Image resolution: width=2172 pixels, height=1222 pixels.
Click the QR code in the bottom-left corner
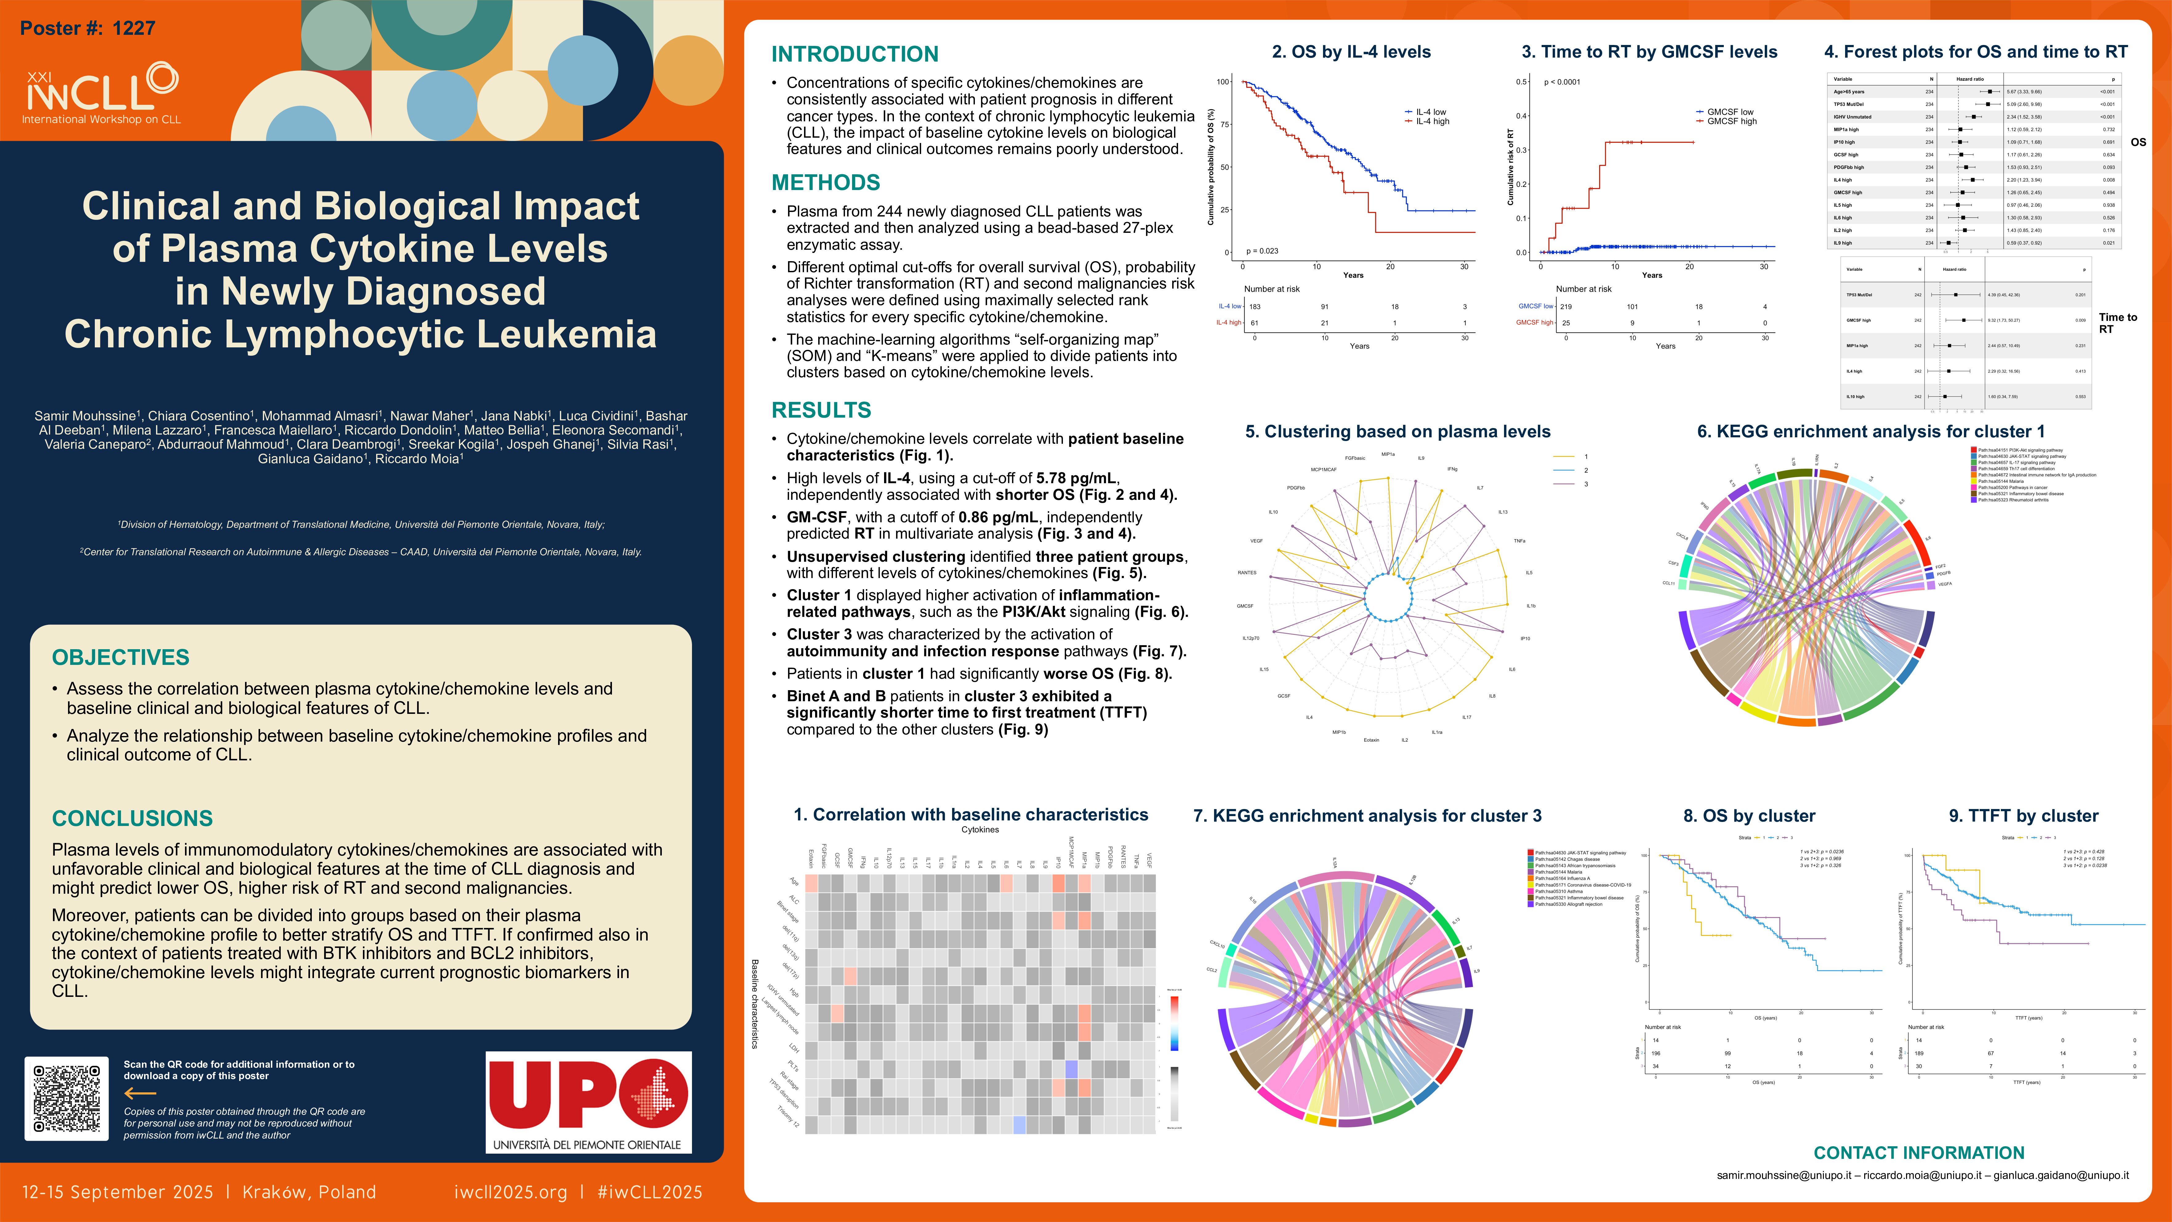click(x=66, y=1098)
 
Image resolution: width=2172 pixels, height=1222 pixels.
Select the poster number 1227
click(x=88, y=29)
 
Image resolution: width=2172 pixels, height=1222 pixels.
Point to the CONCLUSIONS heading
click(x=132, y=818)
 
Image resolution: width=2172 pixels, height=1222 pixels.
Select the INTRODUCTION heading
click(x=854, y=54)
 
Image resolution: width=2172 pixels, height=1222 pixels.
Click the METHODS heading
click(x=826, y=183)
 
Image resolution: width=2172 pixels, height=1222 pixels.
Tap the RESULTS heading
click(x=820, y=410)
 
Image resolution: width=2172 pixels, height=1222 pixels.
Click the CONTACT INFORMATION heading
click(x=1918, y=1153)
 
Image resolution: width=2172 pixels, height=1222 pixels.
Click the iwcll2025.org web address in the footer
click(x=510, y=1192)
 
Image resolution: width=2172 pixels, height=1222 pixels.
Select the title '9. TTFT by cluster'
click(x=2023, y=815)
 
